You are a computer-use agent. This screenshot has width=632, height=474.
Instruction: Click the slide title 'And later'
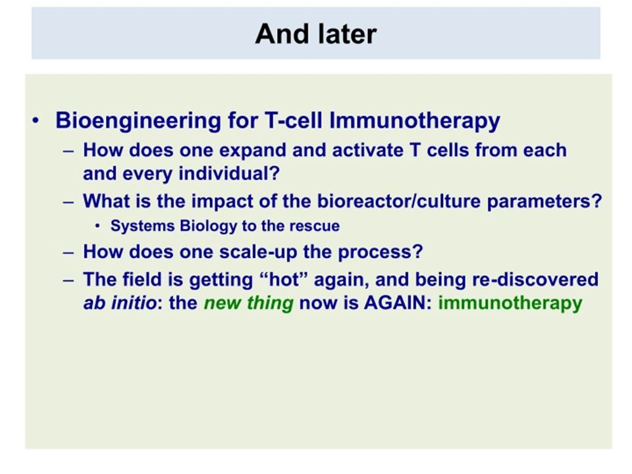tap(316, 34)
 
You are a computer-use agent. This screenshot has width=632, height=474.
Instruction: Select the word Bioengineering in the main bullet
tap(138, 121)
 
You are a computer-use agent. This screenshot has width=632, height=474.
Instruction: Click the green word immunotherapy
tap(510, 303)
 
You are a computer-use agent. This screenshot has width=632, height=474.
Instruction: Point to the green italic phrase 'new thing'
tap(249, 303)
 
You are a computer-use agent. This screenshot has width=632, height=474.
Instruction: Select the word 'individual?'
tap(229, 174)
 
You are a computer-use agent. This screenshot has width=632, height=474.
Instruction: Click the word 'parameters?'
tap(544, 202)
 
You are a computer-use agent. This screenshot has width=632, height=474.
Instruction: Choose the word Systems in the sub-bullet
tap(142, 226)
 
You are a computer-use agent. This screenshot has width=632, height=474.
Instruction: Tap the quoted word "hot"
tap(283, 279)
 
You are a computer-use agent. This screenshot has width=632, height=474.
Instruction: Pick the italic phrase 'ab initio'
tap(120, 303)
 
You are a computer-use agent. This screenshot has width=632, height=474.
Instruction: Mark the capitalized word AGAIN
tap(394, 303)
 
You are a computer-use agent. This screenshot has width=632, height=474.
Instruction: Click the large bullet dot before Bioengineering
tap(36, 120)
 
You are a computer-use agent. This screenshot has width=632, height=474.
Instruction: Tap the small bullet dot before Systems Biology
tap(97, 226)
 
